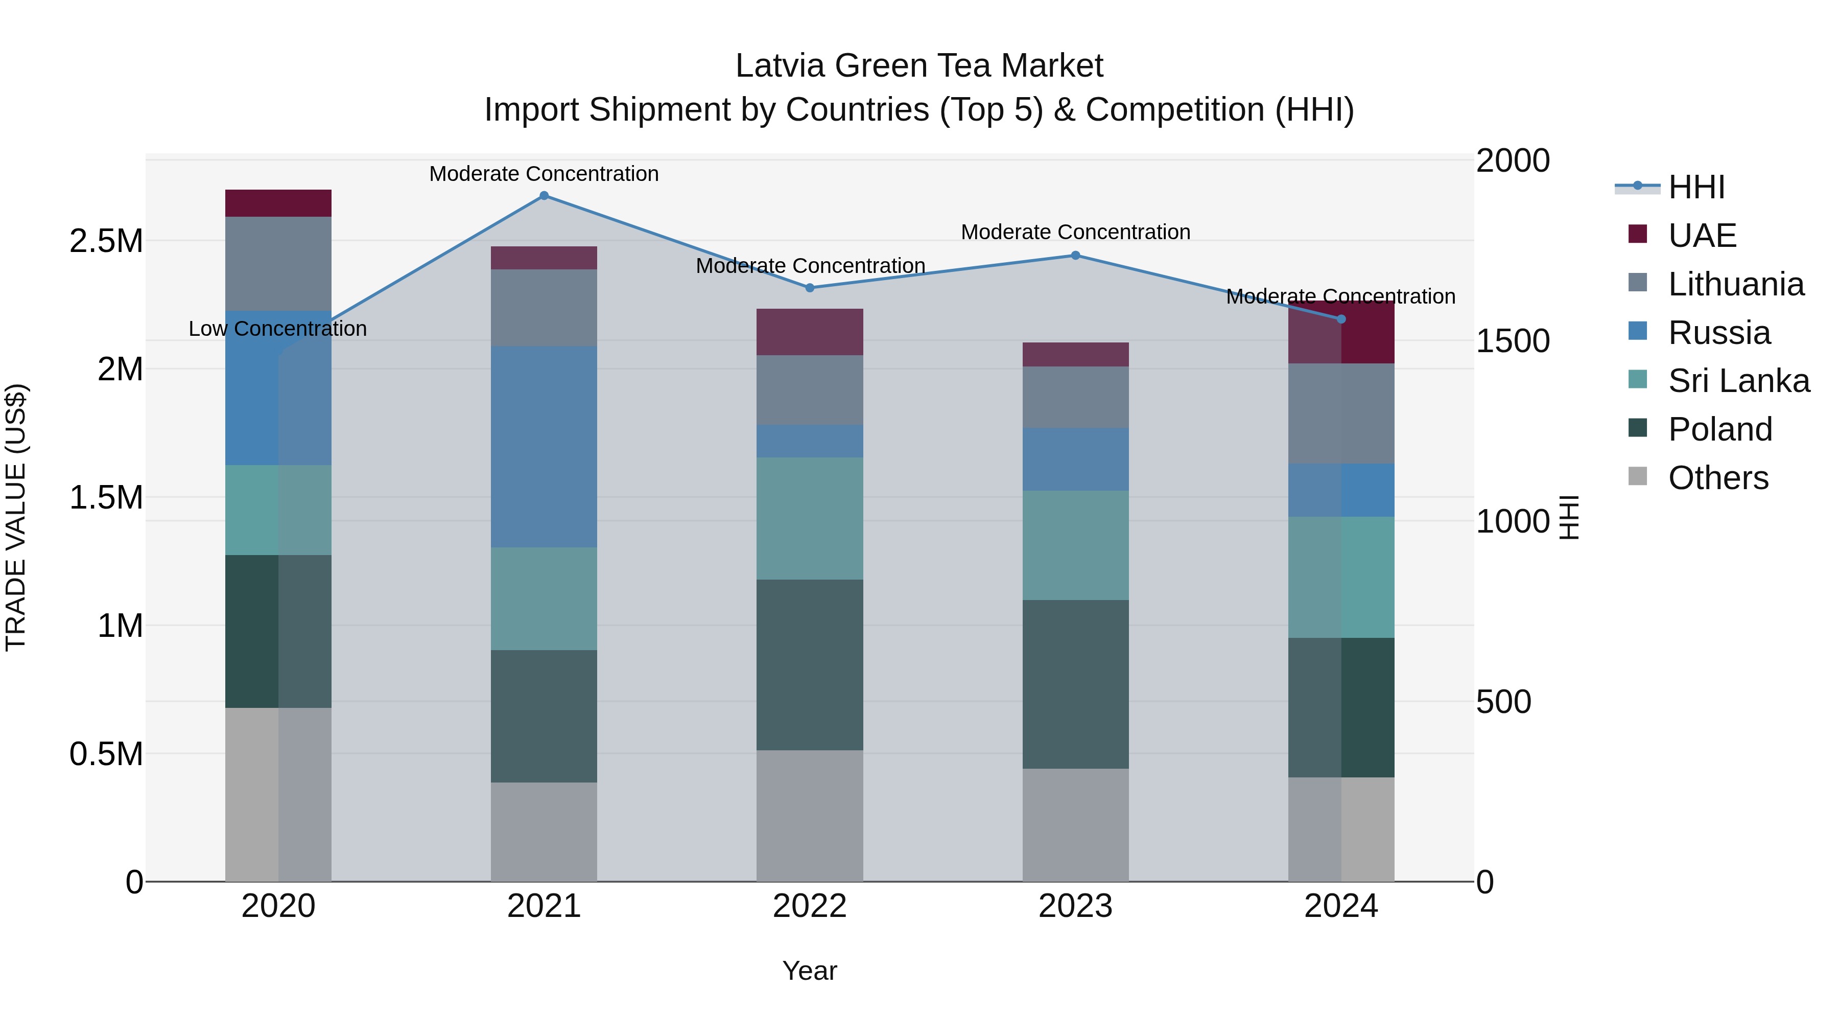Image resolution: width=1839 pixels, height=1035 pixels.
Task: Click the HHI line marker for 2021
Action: pos(544,196)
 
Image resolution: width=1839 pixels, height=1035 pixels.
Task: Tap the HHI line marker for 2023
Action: pos(1075,256)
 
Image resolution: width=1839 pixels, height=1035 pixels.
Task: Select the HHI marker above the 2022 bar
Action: pos(810,288)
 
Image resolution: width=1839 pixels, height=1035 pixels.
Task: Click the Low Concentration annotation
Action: pos(278,329)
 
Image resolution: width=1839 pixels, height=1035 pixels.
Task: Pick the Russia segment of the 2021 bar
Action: pos(544,447)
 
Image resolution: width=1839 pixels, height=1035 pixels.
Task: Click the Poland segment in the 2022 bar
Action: pos(810,665)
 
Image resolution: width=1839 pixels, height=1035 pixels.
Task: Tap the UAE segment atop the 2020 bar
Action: pos(278,203)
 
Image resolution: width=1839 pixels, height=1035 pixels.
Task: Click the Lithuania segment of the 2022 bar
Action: pos(810,390)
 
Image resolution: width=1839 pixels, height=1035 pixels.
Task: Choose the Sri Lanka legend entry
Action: pos(1738,381)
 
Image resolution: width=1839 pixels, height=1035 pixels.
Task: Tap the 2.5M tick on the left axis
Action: pos(106,241)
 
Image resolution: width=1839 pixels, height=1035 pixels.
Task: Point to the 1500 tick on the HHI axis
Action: pos(1513,341)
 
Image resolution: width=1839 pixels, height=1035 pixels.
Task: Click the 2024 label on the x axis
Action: pos(1341,906)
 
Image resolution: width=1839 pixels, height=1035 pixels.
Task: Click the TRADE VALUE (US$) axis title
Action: pos(16,517)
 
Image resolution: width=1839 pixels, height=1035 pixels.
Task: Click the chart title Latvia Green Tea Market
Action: pos(919,66)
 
